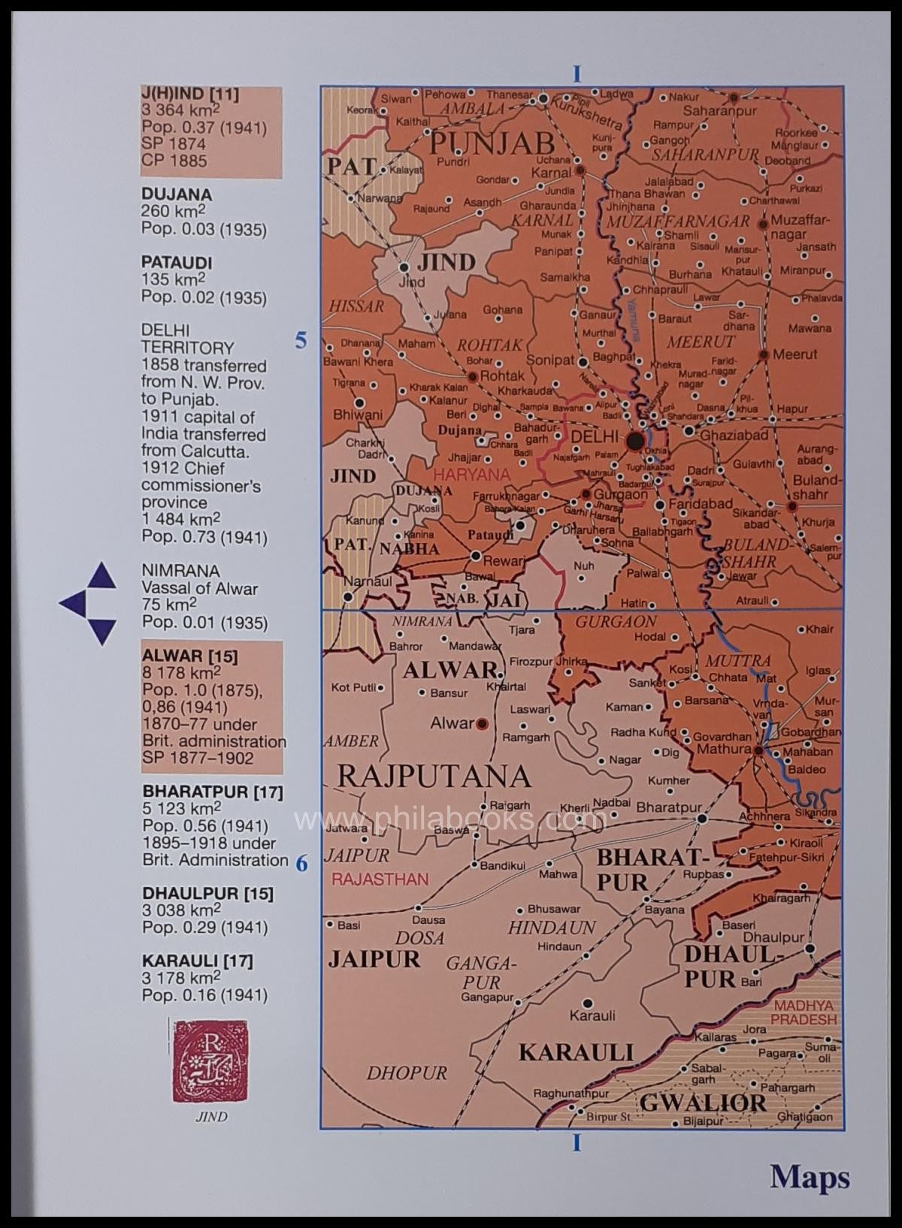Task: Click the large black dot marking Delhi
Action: [x=636, y=441]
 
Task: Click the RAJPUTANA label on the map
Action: [x=434, y=774]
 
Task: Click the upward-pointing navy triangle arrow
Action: [x=101, y=576]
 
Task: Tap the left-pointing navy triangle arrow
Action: [x=73, y=603]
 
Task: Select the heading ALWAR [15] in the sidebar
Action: [x=189, y=656]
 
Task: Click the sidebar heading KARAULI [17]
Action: [x=197, y=960]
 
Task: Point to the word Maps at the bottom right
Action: [x=810, y=1176]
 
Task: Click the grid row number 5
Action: [x=301, y=341]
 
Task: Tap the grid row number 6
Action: [x=301, y=864]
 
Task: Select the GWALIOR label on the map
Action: [x=703, y=1102]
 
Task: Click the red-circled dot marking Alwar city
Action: [x=482, y=723]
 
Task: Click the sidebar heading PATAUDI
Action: [x=177, y=263]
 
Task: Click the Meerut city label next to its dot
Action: [x=795, y=354]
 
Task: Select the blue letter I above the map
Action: [x=577, y=74]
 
